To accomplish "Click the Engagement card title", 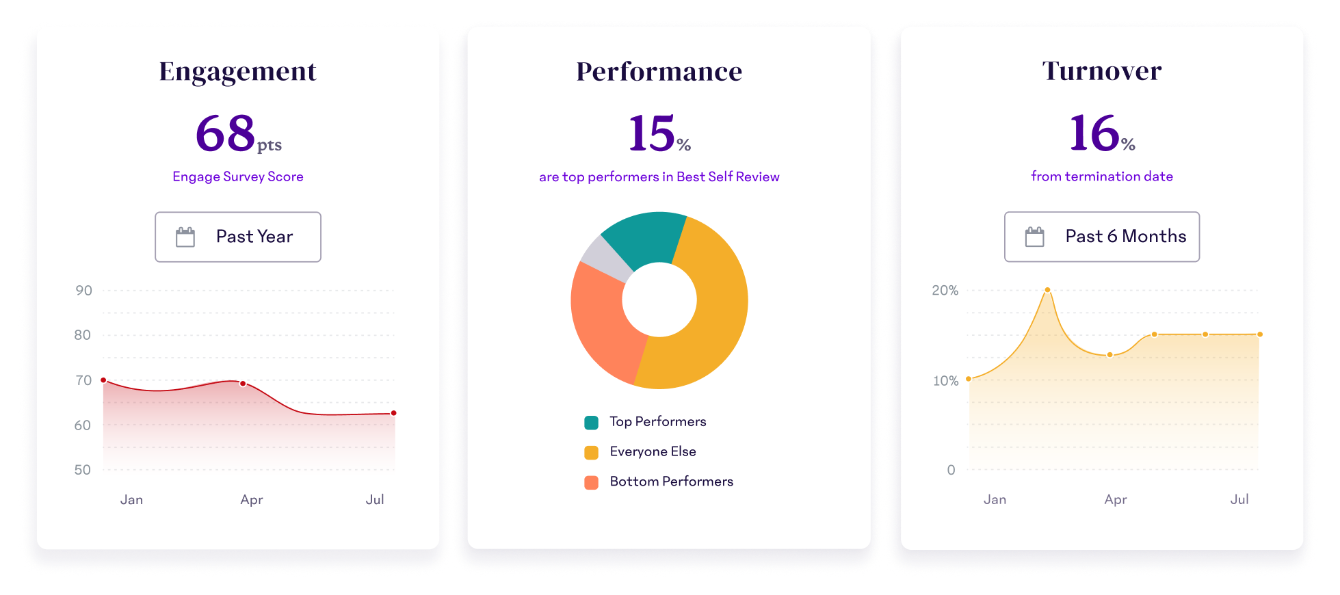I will click(x=237, y=71).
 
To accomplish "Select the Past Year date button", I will click(x=238, y=237).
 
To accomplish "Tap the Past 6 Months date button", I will click(x=1101, y=237).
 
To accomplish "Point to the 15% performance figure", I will click(x=659, y=133).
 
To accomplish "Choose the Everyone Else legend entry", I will click(x=653, y=451).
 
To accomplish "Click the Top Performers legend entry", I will click(x=657, y=421).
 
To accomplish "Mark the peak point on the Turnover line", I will click(x=1047, y=290).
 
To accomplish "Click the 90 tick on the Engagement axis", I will click(x=83, y=291).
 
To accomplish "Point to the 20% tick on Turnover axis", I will click(x=945, y=291).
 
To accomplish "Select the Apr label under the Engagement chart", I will click(x=252, y=499).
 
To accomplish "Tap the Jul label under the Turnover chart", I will click(x=1239, y=499).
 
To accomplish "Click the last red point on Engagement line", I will click(x=394, y=413).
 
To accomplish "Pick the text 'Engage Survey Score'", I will click(x=237, y=176).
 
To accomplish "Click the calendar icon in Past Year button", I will click(x=185, y=237).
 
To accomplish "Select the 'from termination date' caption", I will click(x=1101, y=176).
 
